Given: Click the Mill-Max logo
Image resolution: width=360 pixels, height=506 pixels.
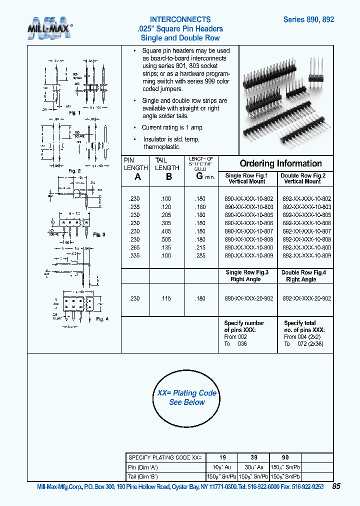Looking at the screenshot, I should tap(49, 28).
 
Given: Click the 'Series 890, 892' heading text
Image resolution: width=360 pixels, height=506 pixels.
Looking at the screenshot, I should tap(308, 19).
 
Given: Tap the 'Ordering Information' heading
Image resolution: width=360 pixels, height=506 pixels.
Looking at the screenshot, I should tap(280, 163).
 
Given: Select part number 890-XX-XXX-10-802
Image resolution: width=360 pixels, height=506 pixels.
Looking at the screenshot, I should tap(248, 198).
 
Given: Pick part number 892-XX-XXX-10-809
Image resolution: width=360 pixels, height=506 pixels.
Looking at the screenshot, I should tap(306, 255).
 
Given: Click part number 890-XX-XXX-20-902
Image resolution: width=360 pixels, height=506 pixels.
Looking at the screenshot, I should tap(248, 298).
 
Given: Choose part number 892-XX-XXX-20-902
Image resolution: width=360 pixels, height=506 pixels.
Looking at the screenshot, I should tap(306, 298).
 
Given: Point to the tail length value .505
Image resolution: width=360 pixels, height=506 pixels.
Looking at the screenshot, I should tap(166, 239).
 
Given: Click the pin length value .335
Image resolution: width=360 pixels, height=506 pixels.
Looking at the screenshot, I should tap(134, 255).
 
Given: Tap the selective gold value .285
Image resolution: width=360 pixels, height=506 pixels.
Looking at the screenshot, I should tap(200, 255).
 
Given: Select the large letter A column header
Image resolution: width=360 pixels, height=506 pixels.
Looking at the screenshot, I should tap(138, 177).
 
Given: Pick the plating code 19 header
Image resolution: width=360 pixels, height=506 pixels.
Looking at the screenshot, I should tap(223, 457).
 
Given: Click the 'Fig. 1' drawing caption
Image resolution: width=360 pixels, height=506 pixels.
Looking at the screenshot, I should tap(74, 113).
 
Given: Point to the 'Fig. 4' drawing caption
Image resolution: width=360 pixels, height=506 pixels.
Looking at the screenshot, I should tap(102, 319).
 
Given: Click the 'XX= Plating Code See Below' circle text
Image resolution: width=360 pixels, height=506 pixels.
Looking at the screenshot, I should tap(187, 397).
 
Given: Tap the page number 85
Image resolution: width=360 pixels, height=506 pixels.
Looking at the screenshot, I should tap(336, 486).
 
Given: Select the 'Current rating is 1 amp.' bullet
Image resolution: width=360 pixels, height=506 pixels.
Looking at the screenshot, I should tap(170, 127).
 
